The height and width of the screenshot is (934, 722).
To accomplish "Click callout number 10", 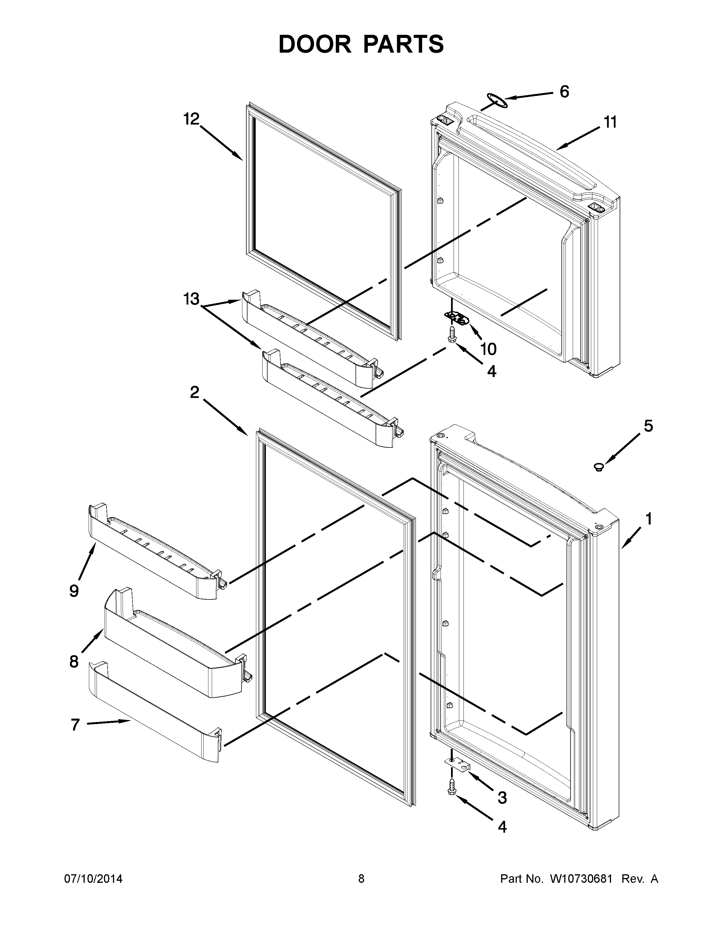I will [488, 349].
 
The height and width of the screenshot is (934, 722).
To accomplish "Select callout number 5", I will [648, 426].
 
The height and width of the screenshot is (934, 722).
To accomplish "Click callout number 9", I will [74, 591].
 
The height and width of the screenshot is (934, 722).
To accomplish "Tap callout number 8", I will [74, 662].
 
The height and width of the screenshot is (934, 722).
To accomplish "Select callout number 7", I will [75, 725].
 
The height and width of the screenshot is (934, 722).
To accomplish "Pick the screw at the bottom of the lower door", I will [451, 799].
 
